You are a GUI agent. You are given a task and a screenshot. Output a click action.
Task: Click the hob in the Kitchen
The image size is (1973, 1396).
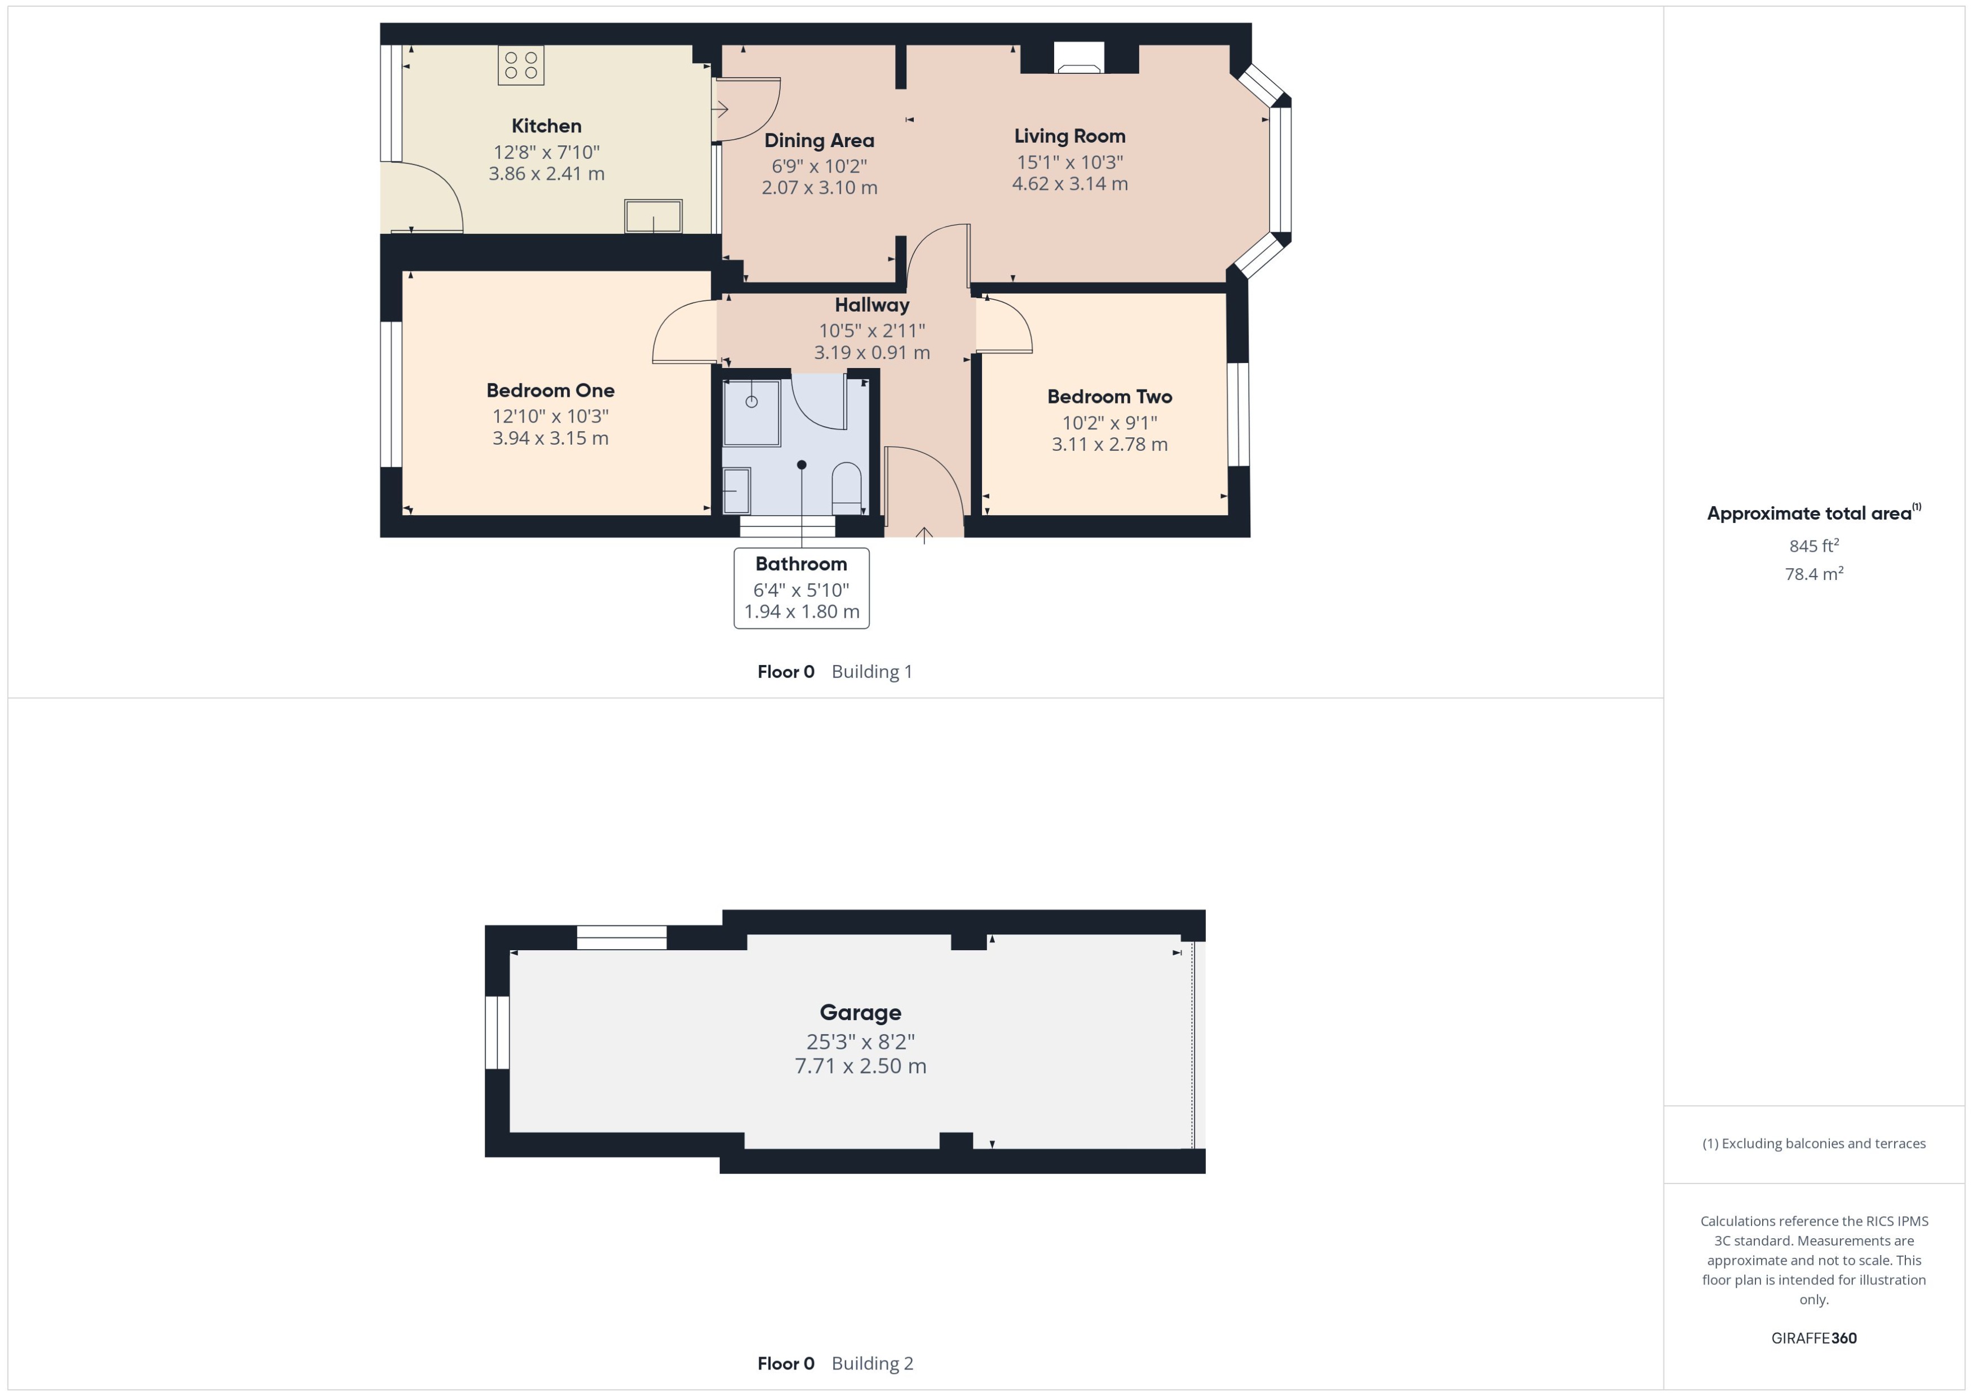(521, 65)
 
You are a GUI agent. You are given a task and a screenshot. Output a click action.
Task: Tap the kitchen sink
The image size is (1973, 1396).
(653, 216)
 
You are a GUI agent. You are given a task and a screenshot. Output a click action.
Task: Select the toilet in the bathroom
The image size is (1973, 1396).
(847, 488)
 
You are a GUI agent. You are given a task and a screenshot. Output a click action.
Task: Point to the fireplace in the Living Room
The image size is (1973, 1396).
(1079, 59)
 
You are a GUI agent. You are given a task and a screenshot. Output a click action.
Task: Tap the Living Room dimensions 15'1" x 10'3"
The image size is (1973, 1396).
(1069, 162)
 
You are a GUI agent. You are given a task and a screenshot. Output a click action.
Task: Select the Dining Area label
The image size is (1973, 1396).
(819, 140)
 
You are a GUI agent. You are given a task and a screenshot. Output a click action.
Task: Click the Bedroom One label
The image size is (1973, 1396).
(550, 390)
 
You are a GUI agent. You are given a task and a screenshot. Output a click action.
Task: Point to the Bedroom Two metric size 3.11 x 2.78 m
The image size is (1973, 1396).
(1109, 445)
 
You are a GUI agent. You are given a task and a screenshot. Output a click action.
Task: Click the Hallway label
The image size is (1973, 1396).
(872, 305)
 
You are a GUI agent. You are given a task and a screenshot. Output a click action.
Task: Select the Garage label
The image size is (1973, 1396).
(860, 1013)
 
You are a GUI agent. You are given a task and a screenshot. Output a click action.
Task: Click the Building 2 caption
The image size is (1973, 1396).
(872, 1363)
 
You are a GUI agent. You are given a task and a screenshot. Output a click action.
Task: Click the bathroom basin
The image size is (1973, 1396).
(736, 490)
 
